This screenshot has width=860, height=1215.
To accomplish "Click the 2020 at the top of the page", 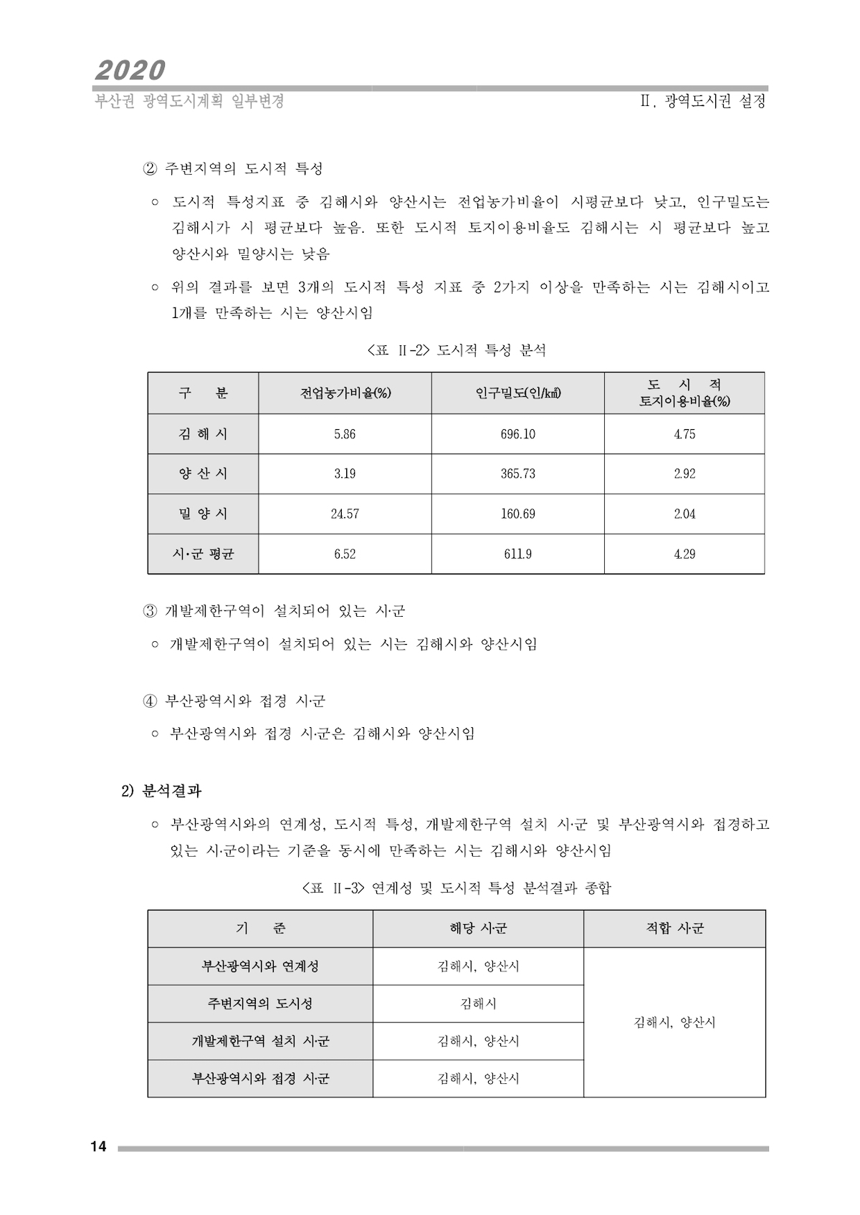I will tap(130, 70).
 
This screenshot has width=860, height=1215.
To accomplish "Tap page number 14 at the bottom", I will tap(98, 1147).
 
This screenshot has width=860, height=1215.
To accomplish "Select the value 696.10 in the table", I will tap(517, 434).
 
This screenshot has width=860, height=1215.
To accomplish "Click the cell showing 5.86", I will tap(345, 434).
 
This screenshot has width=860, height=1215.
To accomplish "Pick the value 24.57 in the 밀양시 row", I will tap(345, 514).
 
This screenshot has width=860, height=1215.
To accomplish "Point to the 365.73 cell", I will tap(517, 474).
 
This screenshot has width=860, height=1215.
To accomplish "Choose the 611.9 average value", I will tap(517, 554).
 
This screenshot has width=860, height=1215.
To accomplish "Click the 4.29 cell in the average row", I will tap(684, 554).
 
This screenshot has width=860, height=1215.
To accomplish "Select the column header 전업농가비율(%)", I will tap(345, 393).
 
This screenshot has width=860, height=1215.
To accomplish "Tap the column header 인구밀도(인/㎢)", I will tap(517, 393).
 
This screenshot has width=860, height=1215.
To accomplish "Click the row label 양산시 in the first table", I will tap(203, 474).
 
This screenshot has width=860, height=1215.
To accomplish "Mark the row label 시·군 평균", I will tap(203, 554).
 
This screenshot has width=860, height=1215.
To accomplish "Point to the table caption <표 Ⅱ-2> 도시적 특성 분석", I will tap(457, 350).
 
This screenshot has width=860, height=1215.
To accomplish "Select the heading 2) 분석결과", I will tap(161, 791).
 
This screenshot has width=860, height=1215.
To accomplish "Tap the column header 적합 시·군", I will tap(674, 928).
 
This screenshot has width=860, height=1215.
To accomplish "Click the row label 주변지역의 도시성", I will tap(260, 1004).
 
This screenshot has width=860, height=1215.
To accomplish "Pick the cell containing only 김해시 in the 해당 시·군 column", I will tap(478, 1004).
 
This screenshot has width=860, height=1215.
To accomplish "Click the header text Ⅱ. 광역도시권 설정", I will tap(703, 102).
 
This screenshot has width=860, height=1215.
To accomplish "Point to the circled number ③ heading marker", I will tap(150, 611).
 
